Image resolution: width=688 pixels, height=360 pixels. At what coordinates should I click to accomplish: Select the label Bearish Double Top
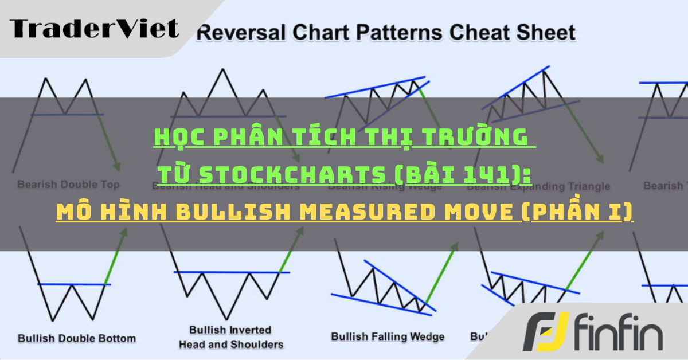pos(68,185)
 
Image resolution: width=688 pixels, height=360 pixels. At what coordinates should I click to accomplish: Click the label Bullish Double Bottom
pos(77,338)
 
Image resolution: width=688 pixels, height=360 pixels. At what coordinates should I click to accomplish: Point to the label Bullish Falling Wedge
pos(388,336)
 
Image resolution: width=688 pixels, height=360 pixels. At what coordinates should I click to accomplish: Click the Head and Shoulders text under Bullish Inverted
pos(231,345)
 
